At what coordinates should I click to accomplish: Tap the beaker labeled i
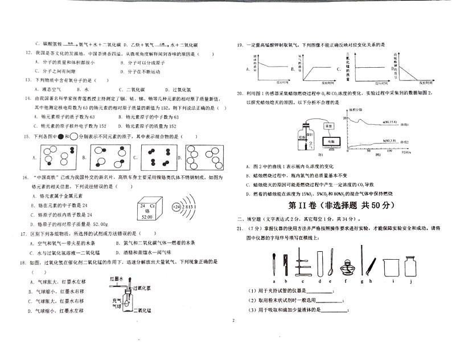tap(390, 266)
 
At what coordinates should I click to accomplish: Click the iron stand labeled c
tap(303, 263)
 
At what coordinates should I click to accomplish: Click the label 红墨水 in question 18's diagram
tap(117, 278)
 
